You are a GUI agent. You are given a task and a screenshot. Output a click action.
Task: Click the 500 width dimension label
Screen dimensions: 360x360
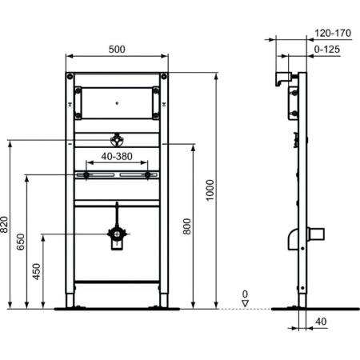tap(117, 50)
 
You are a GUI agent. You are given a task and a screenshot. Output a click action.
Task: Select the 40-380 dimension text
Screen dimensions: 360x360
tap(116, 157)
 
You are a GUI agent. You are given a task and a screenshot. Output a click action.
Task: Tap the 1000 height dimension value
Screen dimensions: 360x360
tap(210, 190)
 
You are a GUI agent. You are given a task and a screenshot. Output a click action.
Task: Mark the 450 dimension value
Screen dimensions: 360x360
tap(35, 271)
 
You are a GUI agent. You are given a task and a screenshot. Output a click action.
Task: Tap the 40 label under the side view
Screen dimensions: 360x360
tap(322, 322)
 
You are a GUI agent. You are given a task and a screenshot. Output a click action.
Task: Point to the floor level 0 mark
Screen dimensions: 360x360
tap(246, 294)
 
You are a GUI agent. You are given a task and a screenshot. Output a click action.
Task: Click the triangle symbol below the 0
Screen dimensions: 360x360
tap(246, 304)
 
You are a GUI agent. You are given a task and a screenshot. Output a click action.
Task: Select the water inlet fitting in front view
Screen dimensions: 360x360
tap(117, 139)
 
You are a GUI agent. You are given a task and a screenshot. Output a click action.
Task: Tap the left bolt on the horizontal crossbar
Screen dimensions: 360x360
tap(86, 174)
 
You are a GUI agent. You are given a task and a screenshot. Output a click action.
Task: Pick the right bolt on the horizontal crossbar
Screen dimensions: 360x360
tap(148, 174)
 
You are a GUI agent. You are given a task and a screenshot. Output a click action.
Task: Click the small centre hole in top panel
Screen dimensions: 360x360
tap(117, 102)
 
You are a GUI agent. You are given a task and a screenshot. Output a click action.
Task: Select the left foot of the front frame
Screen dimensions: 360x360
tap(71, 301)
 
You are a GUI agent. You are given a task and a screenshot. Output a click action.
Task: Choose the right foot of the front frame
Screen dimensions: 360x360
tap(163, 301)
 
